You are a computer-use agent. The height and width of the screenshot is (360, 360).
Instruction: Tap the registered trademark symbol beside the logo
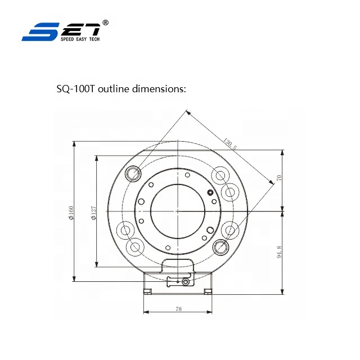[x=106, y=22]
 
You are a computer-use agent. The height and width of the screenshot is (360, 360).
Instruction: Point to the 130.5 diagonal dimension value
[x=230, y=145]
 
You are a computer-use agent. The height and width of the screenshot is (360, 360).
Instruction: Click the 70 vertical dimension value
[x=278, y=179]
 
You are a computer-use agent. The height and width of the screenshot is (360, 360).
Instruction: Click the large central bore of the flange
[x=177, y=211]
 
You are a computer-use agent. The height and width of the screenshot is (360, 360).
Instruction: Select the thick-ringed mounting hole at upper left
[x=134, y=173]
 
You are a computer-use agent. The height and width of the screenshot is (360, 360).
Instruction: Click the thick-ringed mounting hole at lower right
[x=220, y=247]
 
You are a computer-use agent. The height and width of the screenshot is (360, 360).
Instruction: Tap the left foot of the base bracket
[x=147, y=291]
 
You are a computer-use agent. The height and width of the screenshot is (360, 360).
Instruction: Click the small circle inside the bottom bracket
[x=186, y=281]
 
